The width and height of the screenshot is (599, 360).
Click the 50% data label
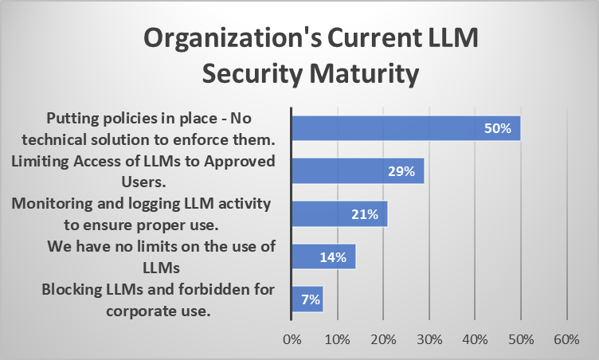499,128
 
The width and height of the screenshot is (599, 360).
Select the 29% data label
402,171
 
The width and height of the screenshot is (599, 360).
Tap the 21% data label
366,214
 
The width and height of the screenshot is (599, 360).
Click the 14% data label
334,257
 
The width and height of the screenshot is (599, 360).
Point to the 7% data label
309,300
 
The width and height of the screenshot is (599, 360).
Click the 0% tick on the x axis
292,340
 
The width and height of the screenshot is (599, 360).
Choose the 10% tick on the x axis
338,340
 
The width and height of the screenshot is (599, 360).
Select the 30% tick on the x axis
429,340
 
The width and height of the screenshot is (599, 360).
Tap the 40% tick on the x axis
475,340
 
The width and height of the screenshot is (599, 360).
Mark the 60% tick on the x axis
566,340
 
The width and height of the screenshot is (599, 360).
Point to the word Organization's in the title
233,38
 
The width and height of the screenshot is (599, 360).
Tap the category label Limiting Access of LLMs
143,162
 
